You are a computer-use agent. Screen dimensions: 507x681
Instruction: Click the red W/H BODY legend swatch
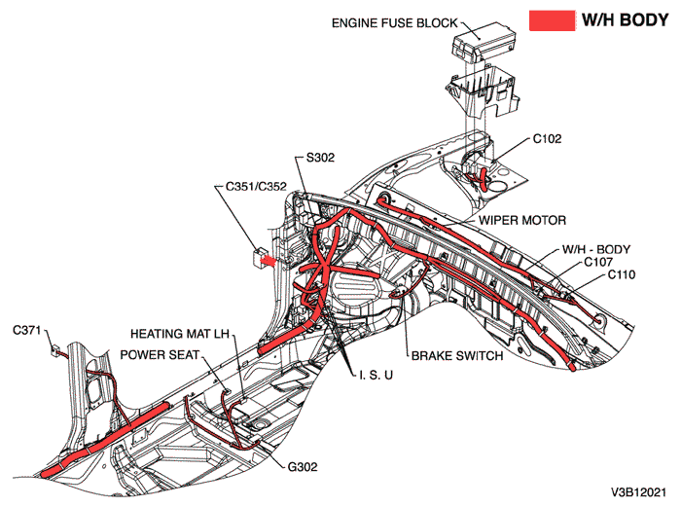pyautogui.click(x=550, y=20)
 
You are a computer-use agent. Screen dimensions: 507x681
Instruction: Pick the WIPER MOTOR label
pyautogui.click(x=521, y=220)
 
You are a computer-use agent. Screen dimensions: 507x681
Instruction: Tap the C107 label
pyautogui.click(x=598, y=262)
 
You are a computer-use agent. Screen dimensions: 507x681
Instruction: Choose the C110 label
pyautogui.click(x=622, y=275)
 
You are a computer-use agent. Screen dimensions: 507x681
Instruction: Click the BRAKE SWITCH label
pyautogui.click(x=456, y=356)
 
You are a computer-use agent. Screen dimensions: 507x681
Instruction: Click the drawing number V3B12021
pyautogui.click(x=638, y=492)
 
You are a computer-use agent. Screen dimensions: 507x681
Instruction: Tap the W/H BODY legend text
pyautogui.click(x=624, y=20)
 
